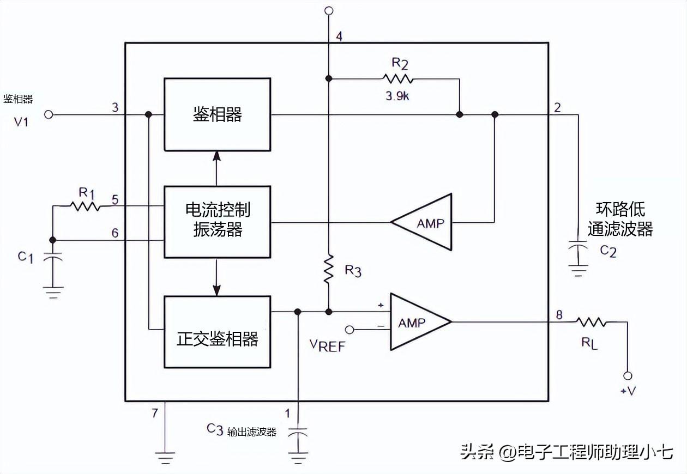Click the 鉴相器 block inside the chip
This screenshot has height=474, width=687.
pos(217,114)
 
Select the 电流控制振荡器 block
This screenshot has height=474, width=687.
pos(217,222)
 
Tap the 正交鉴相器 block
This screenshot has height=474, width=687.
pos(217,332)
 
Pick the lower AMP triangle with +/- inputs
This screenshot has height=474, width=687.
pos(418,322)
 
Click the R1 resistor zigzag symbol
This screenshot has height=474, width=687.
pos(85,206)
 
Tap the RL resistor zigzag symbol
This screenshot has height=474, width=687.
pos(592,322)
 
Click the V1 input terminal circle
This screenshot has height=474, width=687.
pos(49,115)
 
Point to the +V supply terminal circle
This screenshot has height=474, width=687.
pos(628,376)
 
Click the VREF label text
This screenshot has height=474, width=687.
pos(327,345)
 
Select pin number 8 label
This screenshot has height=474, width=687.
pos(559,314)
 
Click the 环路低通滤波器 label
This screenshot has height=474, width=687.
pos(620,219)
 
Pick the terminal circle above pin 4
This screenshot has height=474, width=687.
pos(328,10)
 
